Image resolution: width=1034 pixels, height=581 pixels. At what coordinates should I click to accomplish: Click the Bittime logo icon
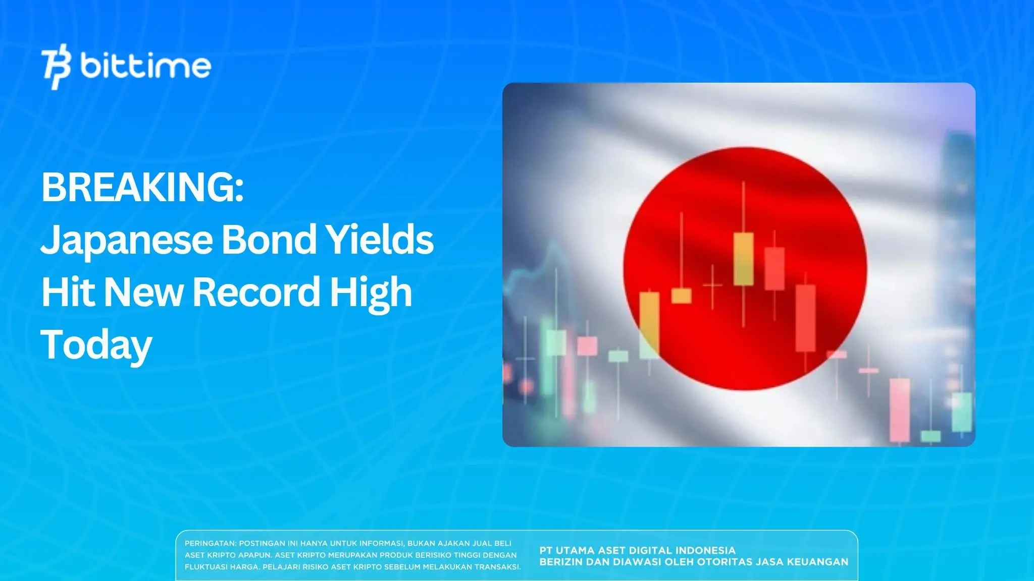[56, 69]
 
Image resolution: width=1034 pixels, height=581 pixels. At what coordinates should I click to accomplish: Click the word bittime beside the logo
[145, 66]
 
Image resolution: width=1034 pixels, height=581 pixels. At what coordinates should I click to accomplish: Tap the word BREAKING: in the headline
[142, 187]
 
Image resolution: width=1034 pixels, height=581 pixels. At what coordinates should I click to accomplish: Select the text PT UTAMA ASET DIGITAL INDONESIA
[637, 550]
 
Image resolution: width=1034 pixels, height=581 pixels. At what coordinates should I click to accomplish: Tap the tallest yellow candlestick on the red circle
[743, 259]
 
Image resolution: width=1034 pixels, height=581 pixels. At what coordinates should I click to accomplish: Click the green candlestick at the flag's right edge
[961, 412]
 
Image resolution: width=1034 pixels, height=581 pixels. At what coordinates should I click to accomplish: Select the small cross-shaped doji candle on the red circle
[712, 285]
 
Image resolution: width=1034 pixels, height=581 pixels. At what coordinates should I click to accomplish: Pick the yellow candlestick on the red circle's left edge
[649, 325]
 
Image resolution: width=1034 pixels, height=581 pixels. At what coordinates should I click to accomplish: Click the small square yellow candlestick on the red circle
[682, 296]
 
